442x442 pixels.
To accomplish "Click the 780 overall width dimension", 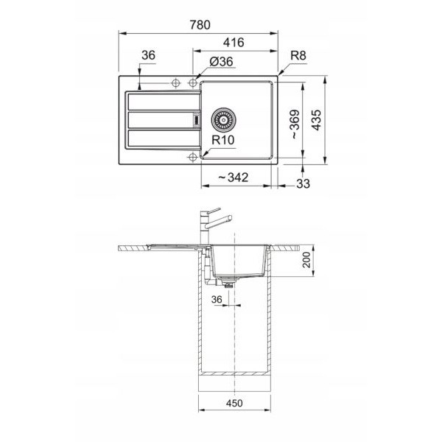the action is tap(200, 25).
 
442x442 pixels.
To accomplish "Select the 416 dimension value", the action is tap(234, 43).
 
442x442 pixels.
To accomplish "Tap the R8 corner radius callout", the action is tap(298, 55).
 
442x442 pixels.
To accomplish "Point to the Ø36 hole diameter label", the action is tap(222, 62).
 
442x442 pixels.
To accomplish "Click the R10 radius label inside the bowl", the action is tap(223, 140).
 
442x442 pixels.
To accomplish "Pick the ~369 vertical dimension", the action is tap(295, 124).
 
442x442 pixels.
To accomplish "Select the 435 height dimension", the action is tap(316, 120).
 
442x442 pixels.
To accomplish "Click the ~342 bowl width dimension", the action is tap(233, 178).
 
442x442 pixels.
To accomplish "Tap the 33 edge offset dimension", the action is tap(303, 183).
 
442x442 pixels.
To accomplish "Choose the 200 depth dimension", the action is tap(306, 259).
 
